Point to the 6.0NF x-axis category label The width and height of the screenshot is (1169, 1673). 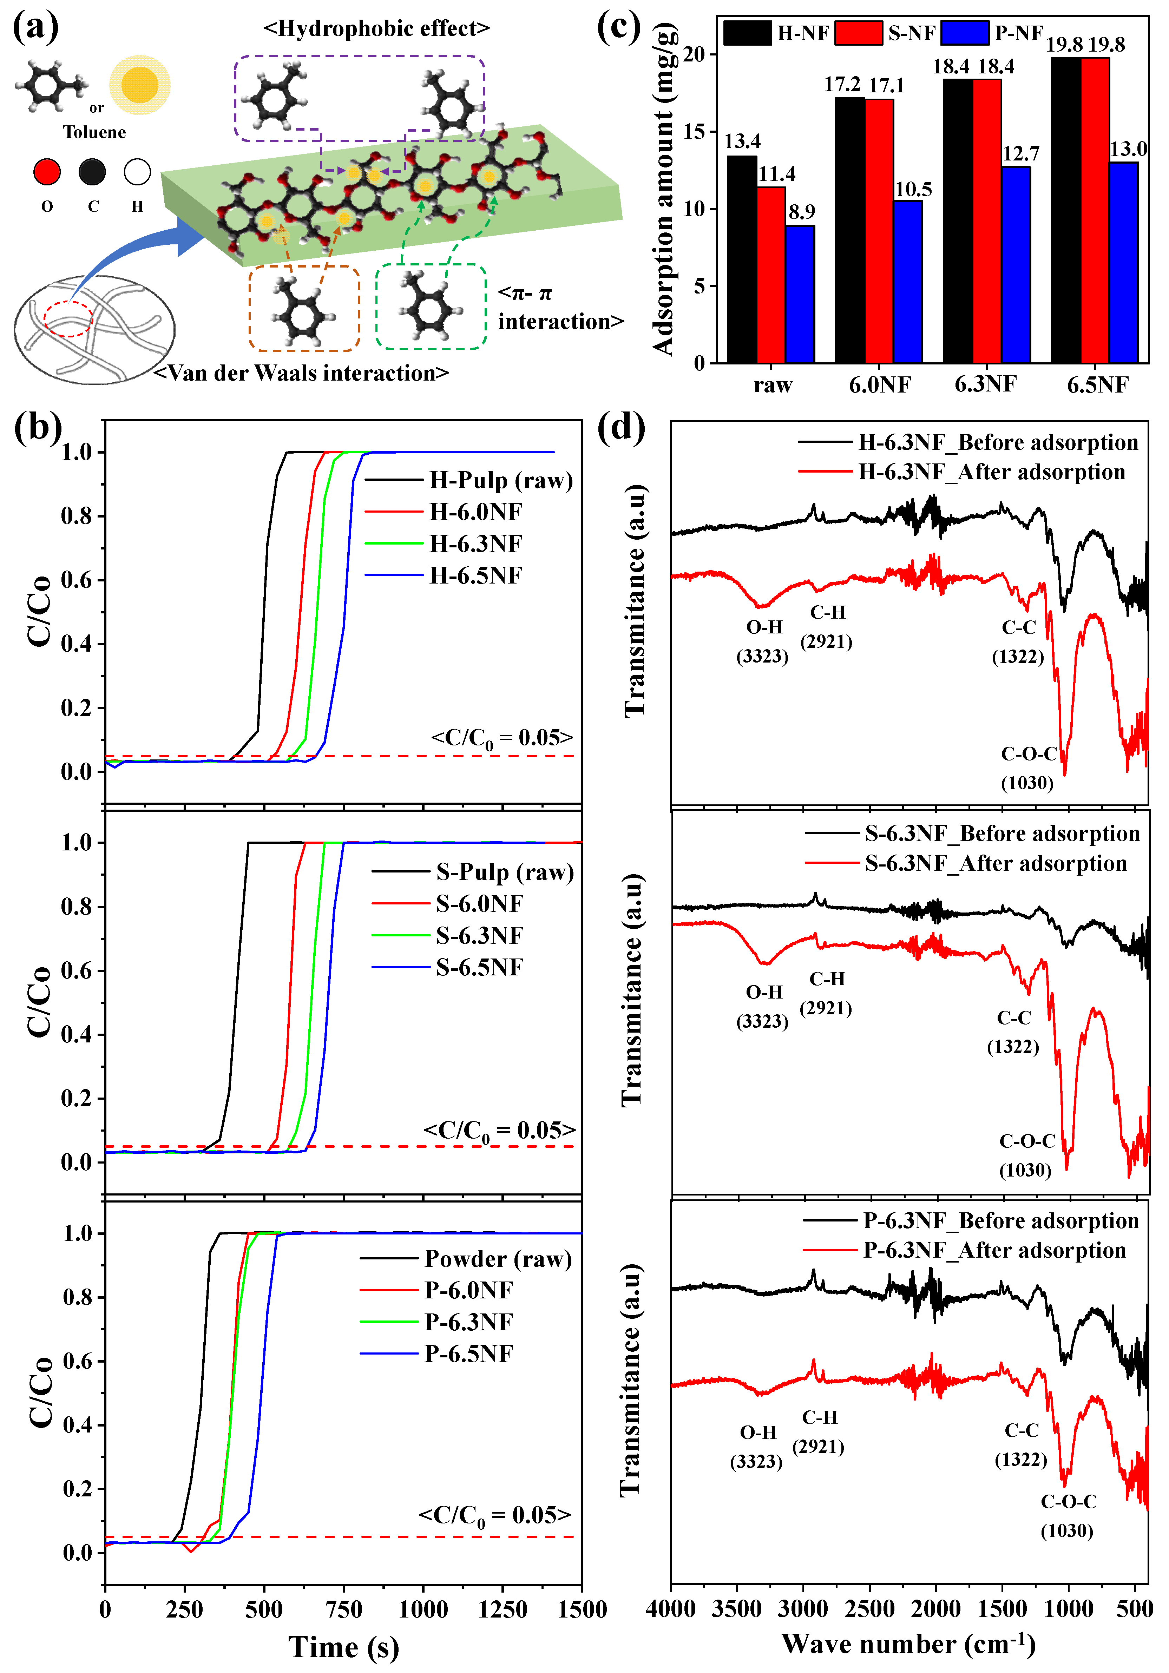880,385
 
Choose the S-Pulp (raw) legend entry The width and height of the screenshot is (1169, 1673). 504,872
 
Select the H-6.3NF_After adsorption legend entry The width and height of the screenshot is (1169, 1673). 991,472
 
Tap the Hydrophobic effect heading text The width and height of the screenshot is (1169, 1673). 376,28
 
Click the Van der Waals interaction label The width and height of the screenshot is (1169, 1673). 301,373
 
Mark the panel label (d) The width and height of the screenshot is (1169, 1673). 620,428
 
